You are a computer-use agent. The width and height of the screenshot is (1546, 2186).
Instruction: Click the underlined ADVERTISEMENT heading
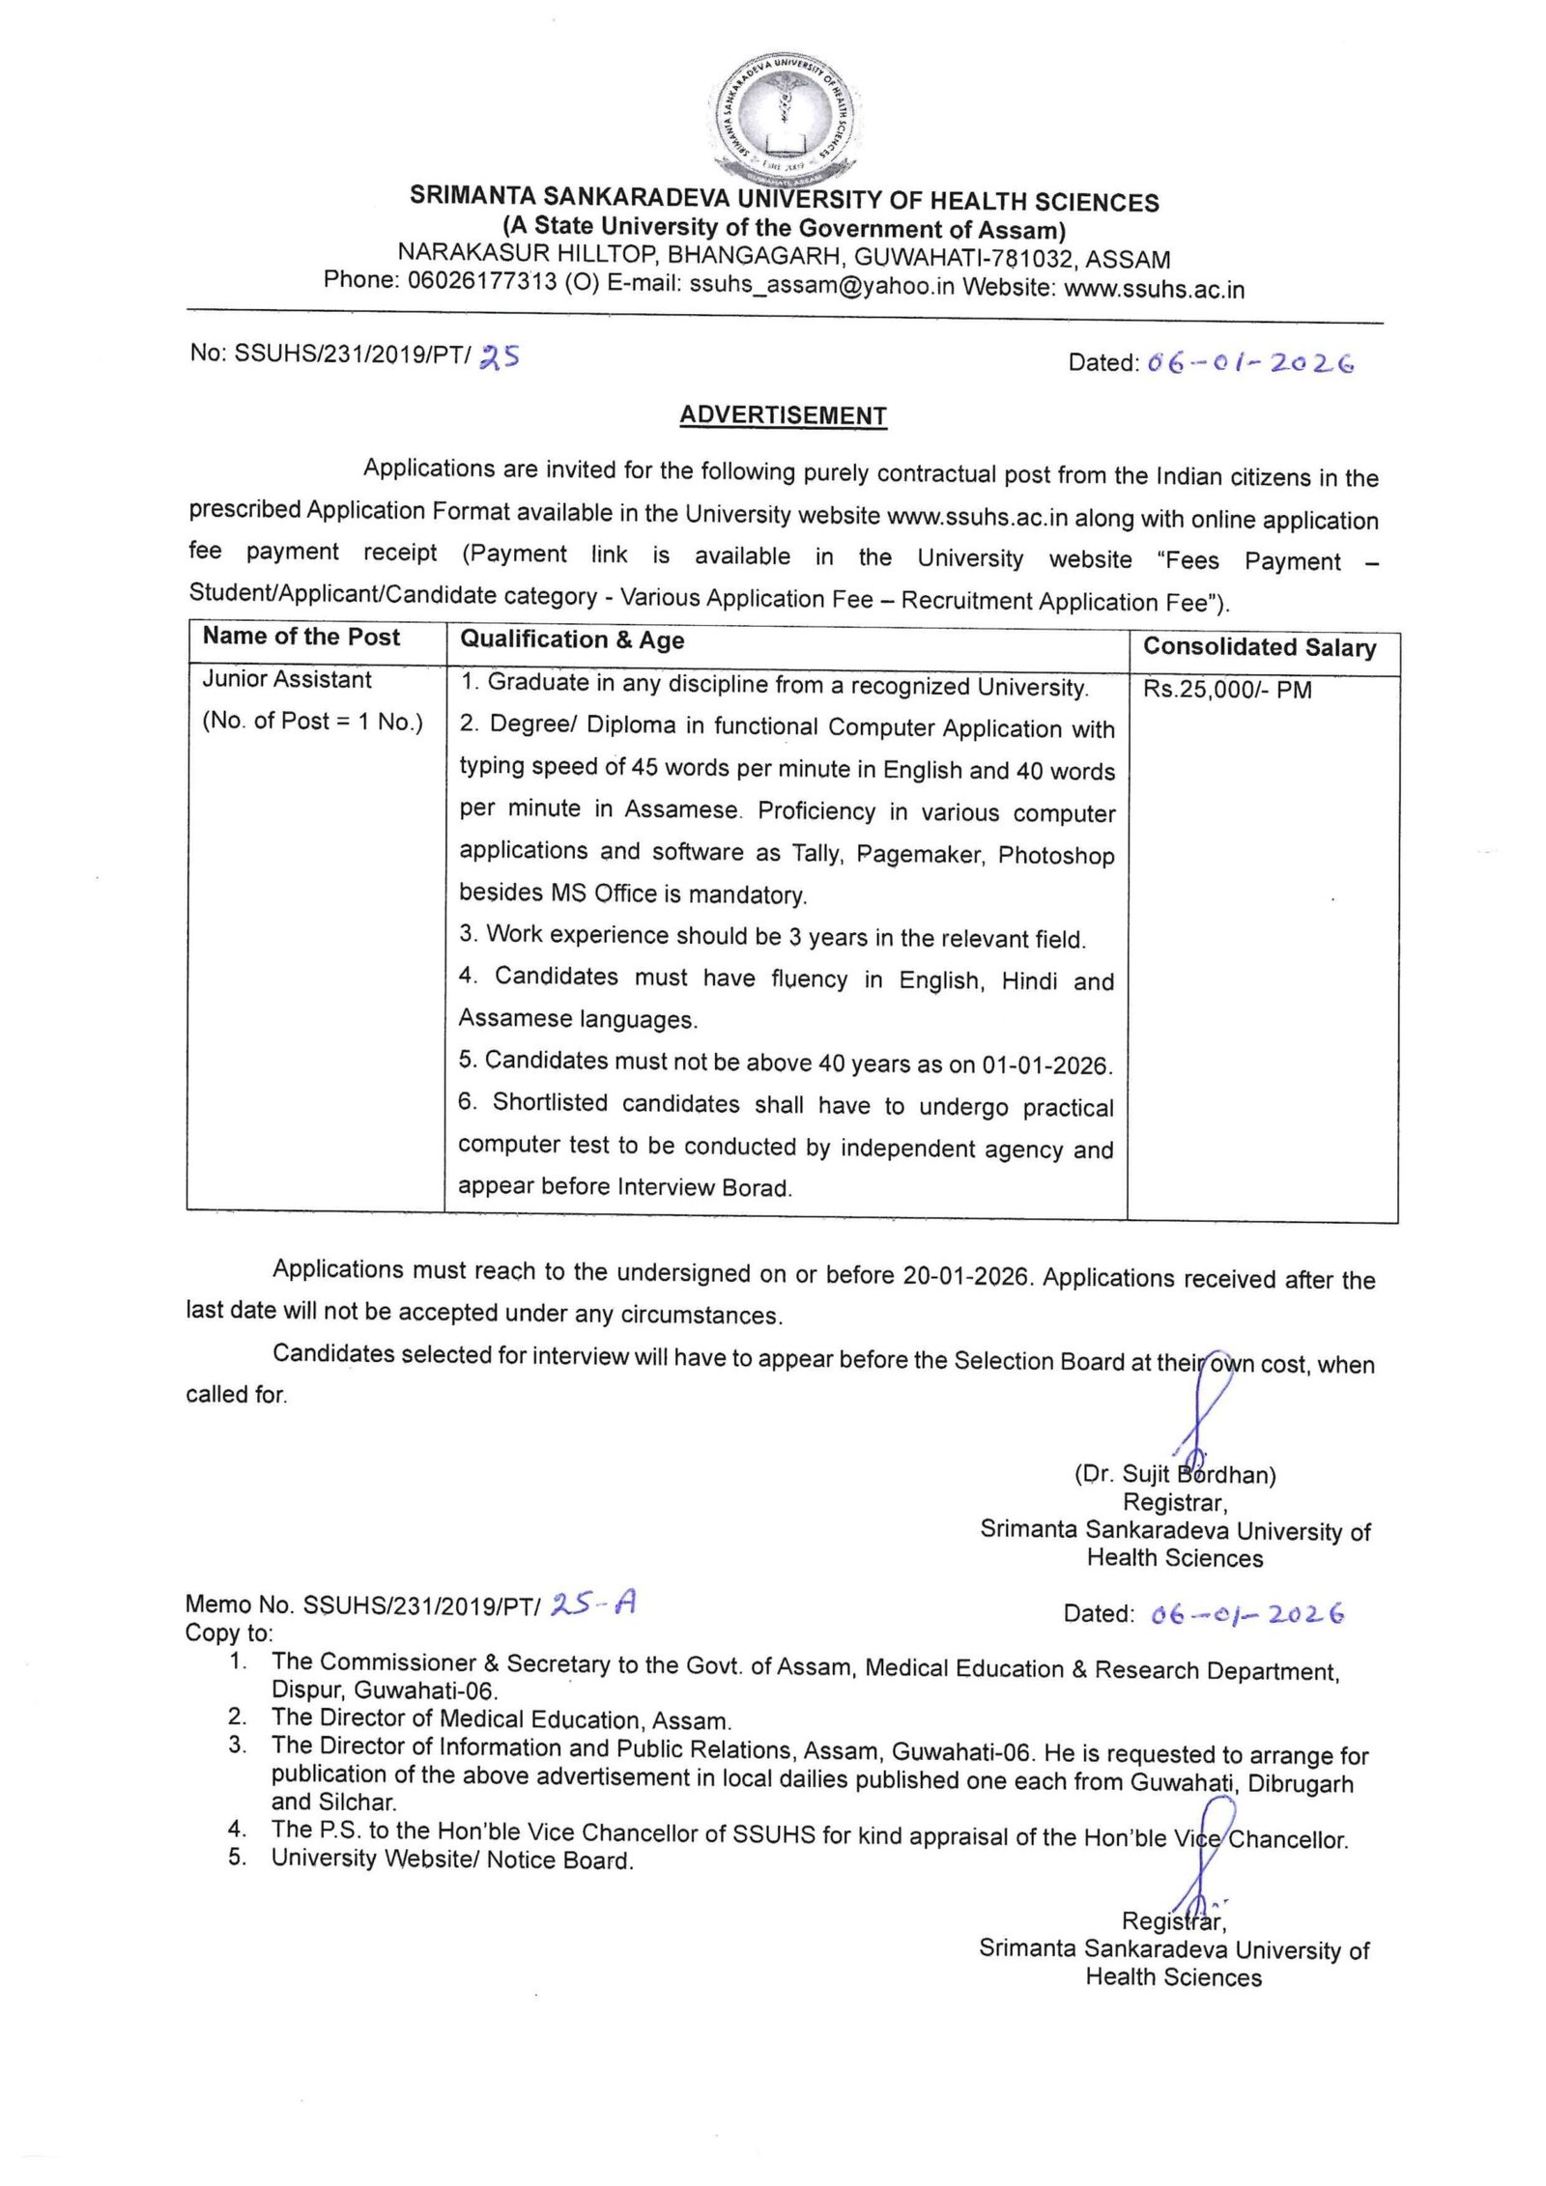[x=783, y=415]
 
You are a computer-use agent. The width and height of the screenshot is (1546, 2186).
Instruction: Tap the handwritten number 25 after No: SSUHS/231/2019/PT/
[x=500, y=356]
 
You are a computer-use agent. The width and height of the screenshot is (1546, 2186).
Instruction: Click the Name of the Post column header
[x=301, y=637]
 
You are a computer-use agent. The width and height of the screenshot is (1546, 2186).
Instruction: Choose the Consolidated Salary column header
[x=1259, y=647]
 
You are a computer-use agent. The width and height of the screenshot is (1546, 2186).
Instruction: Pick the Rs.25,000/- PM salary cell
[x=1227, y=690]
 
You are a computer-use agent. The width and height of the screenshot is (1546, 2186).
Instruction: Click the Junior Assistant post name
[x=287, y=680]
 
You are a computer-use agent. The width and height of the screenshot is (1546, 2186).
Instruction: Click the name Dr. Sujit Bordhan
[x=1175, y=1475]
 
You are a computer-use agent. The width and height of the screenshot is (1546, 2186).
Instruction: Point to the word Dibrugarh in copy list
[x=1301, y=1784]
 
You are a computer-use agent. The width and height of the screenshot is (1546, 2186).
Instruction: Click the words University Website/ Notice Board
[x=452, y=1860]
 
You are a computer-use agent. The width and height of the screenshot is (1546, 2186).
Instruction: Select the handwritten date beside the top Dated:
[x=1250, y=363]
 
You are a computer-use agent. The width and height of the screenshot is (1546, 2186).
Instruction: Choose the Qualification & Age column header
[x=572, y=639]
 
